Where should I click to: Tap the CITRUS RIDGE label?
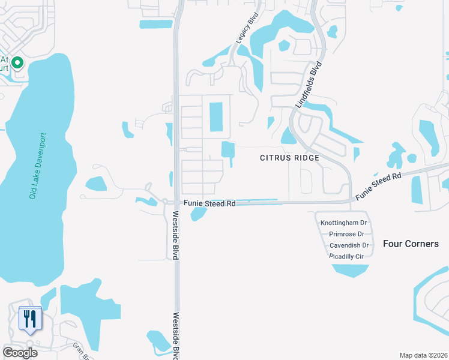pos(288,158)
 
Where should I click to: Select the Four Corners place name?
pos(411,244)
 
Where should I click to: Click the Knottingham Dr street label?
pos(343,223)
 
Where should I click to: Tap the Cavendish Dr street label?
pos(349,245)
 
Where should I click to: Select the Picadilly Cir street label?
pos(348,256)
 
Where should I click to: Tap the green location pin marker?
pos(17,62)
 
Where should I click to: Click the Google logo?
pos(20,353)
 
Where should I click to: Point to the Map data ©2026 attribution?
pos(423,355)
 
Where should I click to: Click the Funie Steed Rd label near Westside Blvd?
pos(209,204)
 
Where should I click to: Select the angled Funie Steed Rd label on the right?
pos(378,187)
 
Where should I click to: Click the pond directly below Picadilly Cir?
pos(351,269)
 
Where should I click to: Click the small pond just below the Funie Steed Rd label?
pos(198,214)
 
